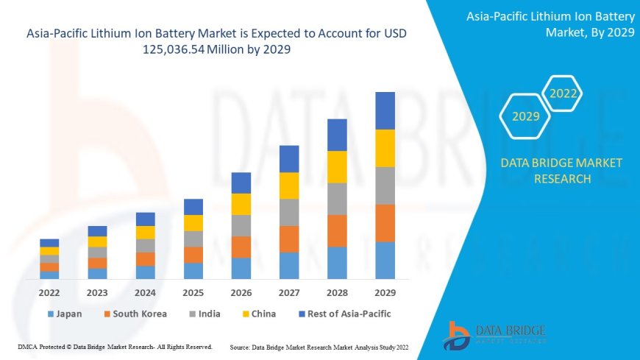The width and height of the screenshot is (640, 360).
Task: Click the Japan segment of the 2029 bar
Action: (x=385, y=260)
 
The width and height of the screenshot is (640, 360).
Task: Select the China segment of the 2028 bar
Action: (x=337, y=166)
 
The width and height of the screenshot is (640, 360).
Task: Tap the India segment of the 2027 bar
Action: (x=289, y=212)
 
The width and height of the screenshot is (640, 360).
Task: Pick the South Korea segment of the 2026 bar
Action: (x=241, y=247)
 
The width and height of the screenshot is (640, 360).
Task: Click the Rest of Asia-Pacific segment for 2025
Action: (x=193, y=206)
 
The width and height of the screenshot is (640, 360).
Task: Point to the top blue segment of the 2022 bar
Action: (x=49, y=242)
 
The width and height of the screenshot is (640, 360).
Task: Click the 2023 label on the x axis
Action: (x=97, y=292)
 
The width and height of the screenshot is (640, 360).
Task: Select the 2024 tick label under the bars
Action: (x=145, y=292)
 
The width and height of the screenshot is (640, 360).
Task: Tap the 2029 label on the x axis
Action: (x=385, y=292)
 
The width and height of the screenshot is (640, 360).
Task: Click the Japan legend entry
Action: (x=64, y=314)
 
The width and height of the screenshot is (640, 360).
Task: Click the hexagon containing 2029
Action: (x=526, y=116)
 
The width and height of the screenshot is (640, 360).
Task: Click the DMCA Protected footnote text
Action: (x=114, y=346)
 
